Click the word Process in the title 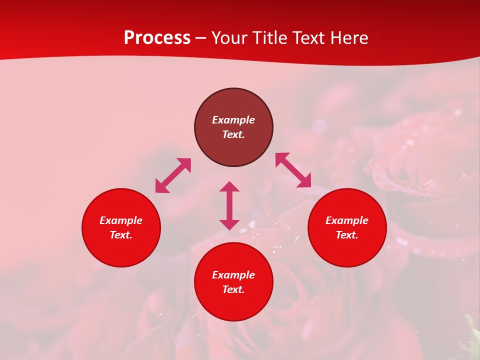(157, 38)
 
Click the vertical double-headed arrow (229, 205)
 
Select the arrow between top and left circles (173, 175)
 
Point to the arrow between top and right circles (293, 170)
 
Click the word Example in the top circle (233, 120)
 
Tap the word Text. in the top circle (233, 134)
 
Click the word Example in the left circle (121, 220)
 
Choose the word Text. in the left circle (121, 235)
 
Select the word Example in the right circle (347, 220)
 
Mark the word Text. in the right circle (347, 235)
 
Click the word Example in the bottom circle (233, 275)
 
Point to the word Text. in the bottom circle (233, 289)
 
